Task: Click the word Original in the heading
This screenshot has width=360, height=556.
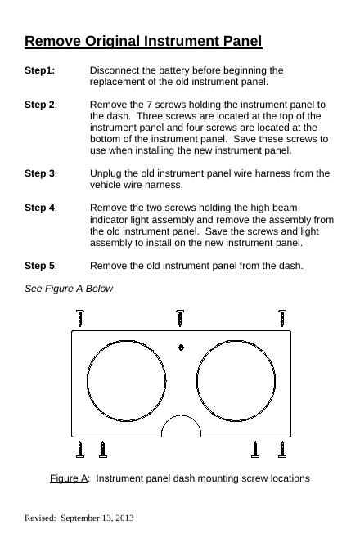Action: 112,42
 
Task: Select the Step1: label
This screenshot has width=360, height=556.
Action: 40,70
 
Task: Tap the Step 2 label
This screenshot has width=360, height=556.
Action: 40,105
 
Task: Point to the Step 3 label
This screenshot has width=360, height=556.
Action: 40,173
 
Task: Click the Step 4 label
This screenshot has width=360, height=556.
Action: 40,208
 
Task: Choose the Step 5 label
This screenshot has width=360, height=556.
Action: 40,266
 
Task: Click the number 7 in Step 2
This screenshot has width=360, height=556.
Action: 149,105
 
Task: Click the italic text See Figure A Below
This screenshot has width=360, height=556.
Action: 69,289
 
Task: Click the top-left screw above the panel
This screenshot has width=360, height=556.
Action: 80,318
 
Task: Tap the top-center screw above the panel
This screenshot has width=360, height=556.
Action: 180,318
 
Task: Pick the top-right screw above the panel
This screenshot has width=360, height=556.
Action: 282,318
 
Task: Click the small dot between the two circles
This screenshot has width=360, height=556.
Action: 181,347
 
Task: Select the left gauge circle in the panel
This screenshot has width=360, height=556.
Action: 88,381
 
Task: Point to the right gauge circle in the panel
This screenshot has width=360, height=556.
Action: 197,381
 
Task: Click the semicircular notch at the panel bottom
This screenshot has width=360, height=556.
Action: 182,415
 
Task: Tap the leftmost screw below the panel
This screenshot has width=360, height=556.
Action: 80,450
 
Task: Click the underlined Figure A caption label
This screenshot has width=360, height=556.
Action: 69,478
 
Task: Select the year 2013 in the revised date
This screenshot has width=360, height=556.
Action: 124,518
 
